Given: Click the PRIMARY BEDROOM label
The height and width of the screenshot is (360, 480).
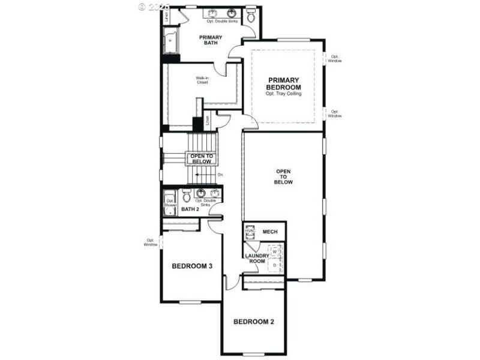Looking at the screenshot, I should tap(284, 83).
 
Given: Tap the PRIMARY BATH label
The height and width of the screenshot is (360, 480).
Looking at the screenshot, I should tap(211, 40).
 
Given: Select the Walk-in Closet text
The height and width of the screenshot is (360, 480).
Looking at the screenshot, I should tap(202, 80).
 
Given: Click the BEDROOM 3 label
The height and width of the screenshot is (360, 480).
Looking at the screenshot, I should tap(193, 266).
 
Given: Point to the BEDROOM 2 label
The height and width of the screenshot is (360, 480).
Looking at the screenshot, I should tap(254, 322).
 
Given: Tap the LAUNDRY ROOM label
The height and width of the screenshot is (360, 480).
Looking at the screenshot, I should tap(257, 259).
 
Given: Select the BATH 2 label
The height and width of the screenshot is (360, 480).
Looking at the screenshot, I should tap(190, 209).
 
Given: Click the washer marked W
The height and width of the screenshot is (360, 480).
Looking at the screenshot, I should tap(274, 251).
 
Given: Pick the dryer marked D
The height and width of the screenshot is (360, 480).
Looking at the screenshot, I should tap(274, 264).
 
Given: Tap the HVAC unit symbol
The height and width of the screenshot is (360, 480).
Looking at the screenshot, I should tap(250, 231).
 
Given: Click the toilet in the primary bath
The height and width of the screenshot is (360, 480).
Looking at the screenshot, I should tap(251, 16).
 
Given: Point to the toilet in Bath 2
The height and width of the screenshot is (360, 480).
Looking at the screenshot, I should tap(187, 196).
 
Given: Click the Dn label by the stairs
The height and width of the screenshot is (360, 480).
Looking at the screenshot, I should tap(220, 175).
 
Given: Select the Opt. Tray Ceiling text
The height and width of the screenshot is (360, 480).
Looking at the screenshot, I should tap(284, 94).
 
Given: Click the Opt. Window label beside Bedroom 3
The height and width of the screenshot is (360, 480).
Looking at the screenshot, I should tap(151, 242).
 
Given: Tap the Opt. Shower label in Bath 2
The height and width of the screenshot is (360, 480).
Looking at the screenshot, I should tap(170, 203).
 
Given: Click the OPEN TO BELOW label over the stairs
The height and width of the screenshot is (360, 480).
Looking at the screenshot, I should tap(201, 158).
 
